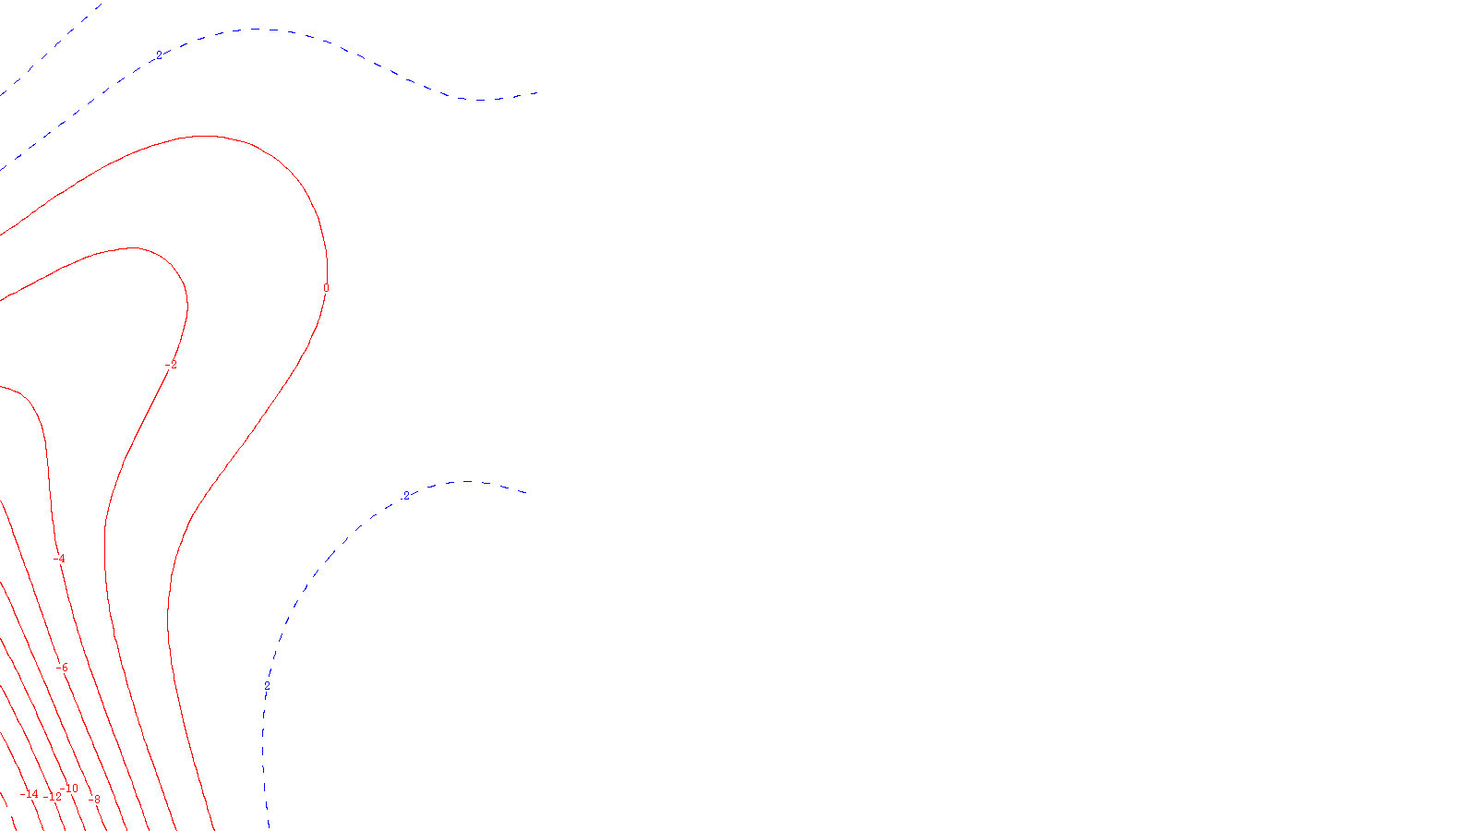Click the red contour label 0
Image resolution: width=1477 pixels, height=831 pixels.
pos(325,288)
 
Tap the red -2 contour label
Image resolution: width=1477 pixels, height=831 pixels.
pos(171,366)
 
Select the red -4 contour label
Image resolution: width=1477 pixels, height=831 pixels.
pos(60,559)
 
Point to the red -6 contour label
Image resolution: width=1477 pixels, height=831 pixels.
pos(63,668)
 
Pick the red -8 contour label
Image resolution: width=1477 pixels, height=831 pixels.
pos(93,799)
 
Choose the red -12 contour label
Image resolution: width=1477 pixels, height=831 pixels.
pos(54,797)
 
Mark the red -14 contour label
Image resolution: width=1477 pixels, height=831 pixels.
pos(30,794)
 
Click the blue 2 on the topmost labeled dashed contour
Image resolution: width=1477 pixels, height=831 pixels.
pos(159,55)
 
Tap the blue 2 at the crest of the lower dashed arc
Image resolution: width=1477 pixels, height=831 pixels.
pos(406,496)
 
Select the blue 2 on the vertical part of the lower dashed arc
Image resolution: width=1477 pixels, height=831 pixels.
pos(268,686)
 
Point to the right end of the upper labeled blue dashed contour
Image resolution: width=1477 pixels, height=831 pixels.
pos(537,92)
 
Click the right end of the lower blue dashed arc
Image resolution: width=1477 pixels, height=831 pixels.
pos(525,492)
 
